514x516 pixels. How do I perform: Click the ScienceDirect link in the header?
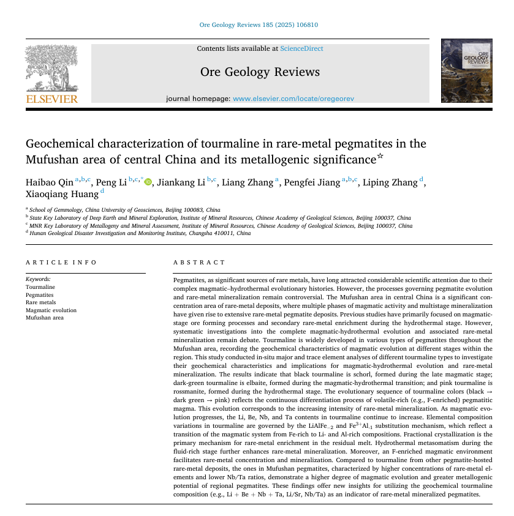click(301, 48)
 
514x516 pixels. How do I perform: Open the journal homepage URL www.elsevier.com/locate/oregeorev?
click(293, 99)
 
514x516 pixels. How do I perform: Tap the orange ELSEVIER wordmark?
click(51, 99)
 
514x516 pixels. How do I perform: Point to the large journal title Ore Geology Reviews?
click(260, 72)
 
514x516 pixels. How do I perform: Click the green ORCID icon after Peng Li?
click(148, 182)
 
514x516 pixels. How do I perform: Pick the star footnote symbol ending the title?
click(380, 157)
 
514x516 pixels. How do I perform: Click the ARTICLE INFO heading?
click(61, 263)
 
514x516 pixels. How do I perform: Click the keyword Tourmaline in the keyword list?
click(40, 287)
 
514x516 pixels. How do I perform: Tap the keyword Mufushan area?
click(45, 318)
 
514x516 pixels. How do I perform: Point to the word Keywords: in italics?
click(39, 279)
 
